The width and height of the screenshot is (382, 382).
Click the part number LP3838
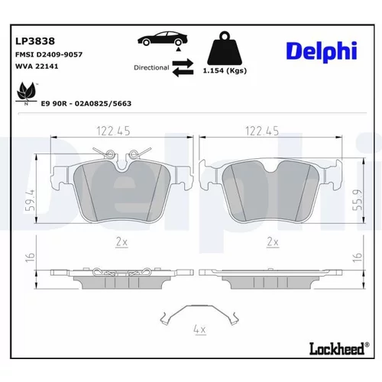click(x=35, y=41)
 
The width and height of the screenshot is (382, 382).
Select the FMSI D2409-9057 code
click(x=49, y=54)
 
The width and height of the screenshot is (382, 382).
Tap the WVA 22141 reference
click(x=37, y=66)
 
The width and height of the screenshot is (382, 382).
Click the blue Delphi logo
click(x=322, y=52)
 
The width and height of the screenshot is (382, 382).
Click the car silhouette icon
click(x=163, y=39)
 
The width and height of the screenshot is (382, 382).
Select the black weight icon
click(x=225, y=48)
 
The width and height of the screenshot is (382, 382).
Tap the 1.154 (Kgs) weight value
click(x=225, y=70)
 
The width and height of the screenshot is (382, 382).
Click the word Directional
click(x=151, y=68)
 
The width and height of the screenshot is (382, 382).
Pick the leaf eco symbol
click(x=26, y=92)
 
